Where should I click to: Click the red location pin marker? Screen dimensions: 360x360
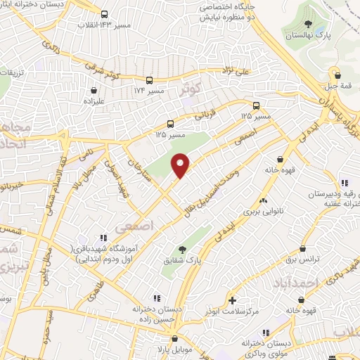click(181, 165)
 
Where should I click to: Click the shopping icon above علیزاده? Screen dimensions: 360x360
click(94, 90)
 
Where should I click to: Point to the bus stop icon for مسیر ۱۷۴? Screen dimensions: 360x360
click(149, 80)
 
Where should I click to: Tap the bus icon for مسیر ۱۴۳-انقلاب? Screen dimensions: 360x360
click(105, 14)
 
